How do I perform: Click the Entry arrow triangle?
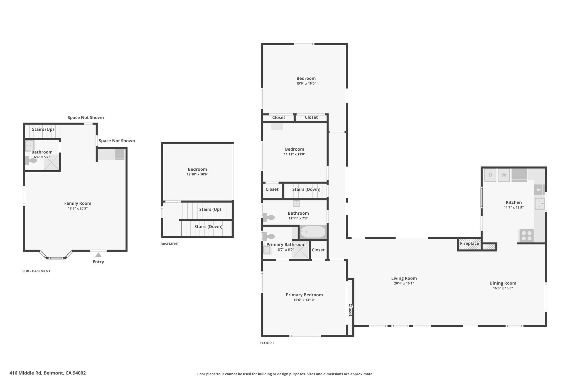(x=98, y=255)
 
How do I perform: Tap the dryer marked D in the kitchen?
(x=490, y=175)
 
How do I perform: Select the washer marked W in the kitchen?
(x=503, y=175)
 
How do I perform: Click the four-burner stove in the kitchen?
(x=526, y=236)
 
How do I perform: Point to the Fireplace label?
(x=470, y=244)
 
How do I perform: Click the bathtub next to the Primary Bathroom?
(x=313, y=232)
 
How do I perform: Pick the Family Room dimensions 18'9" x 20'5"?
(x=78, y=209)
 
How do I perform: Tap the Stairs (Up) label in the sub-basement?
(x=43, y=129)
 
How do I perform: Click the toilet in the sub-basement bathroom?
(x=31, y=160)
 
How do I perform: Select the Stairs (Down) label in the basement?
(x=208, y=227)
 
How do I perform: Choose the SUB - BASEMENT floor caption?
(x=36, y=271)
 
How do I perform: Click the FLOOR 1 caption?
(x=267, y=343)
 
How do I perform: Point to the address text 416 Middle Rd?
(x=25, y=373)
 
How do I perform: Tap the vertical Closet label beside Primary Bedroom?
(x=350, y=310)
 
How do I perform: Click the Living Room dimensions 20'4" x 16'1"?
(x=404, y=283)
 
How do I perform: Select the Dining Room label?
(x=503, y=283)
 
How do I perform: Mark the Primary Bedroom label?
(x=304, y=295)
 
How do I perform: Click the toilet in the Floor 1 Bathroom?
(x=269, y=217)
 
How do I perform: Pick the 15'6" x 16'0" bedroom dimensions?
(x=306, y=84)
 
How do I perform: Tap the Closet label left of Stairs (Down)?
(x=272, y=189)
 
